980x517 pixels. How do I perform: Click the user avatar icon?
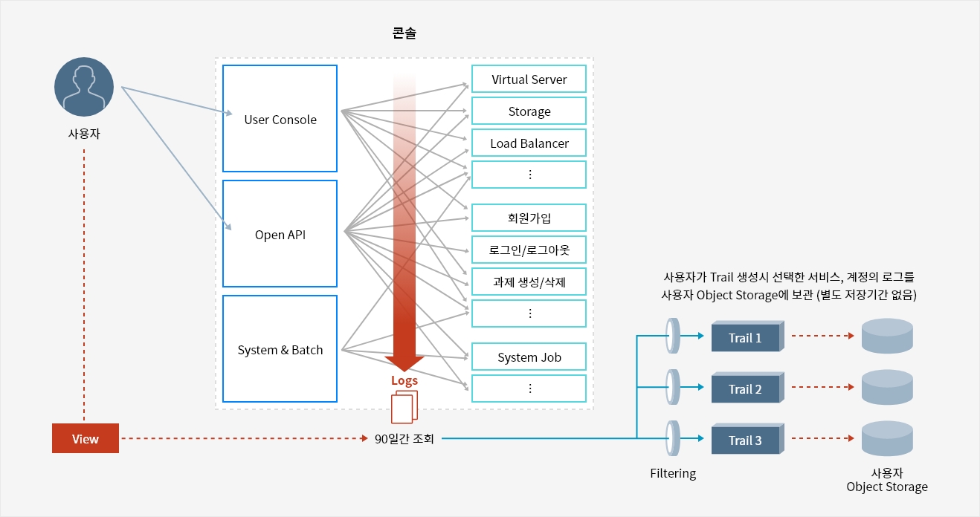coord(84,87)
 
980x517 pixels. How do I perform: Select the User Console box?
coord(280,119)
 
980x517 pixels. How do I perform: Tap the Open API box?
coord(280,234)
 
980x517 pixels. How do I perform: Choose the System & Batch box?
coord(280,349)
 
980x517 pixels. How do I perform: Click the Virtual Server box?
coord(529,79)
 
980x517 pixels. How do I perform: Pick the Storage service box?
coord(529,111)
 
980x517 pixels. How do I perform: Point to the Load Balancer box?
coord(529,143)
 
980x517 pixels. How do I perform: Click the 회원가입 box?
coord(529,218)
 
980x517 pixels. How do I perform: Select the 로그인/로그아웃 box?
coord(529,250)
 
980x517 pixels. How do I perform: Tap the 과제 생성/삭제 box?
coord(529,282)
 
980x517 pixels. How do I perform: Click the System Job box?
coord(529,357)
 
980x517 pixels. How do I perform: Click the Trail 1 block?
coord(745,338)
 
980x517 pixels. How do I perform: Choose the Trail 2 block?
coord(745,389)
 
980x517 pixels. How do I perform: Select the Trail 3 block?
coord(745,440)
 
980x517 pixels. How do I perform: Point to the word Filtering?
coord(673,473)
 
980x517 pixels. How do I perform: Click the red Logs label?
coord(404,380)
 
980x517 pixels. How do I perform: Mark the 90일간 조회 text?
coord(404,439)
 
